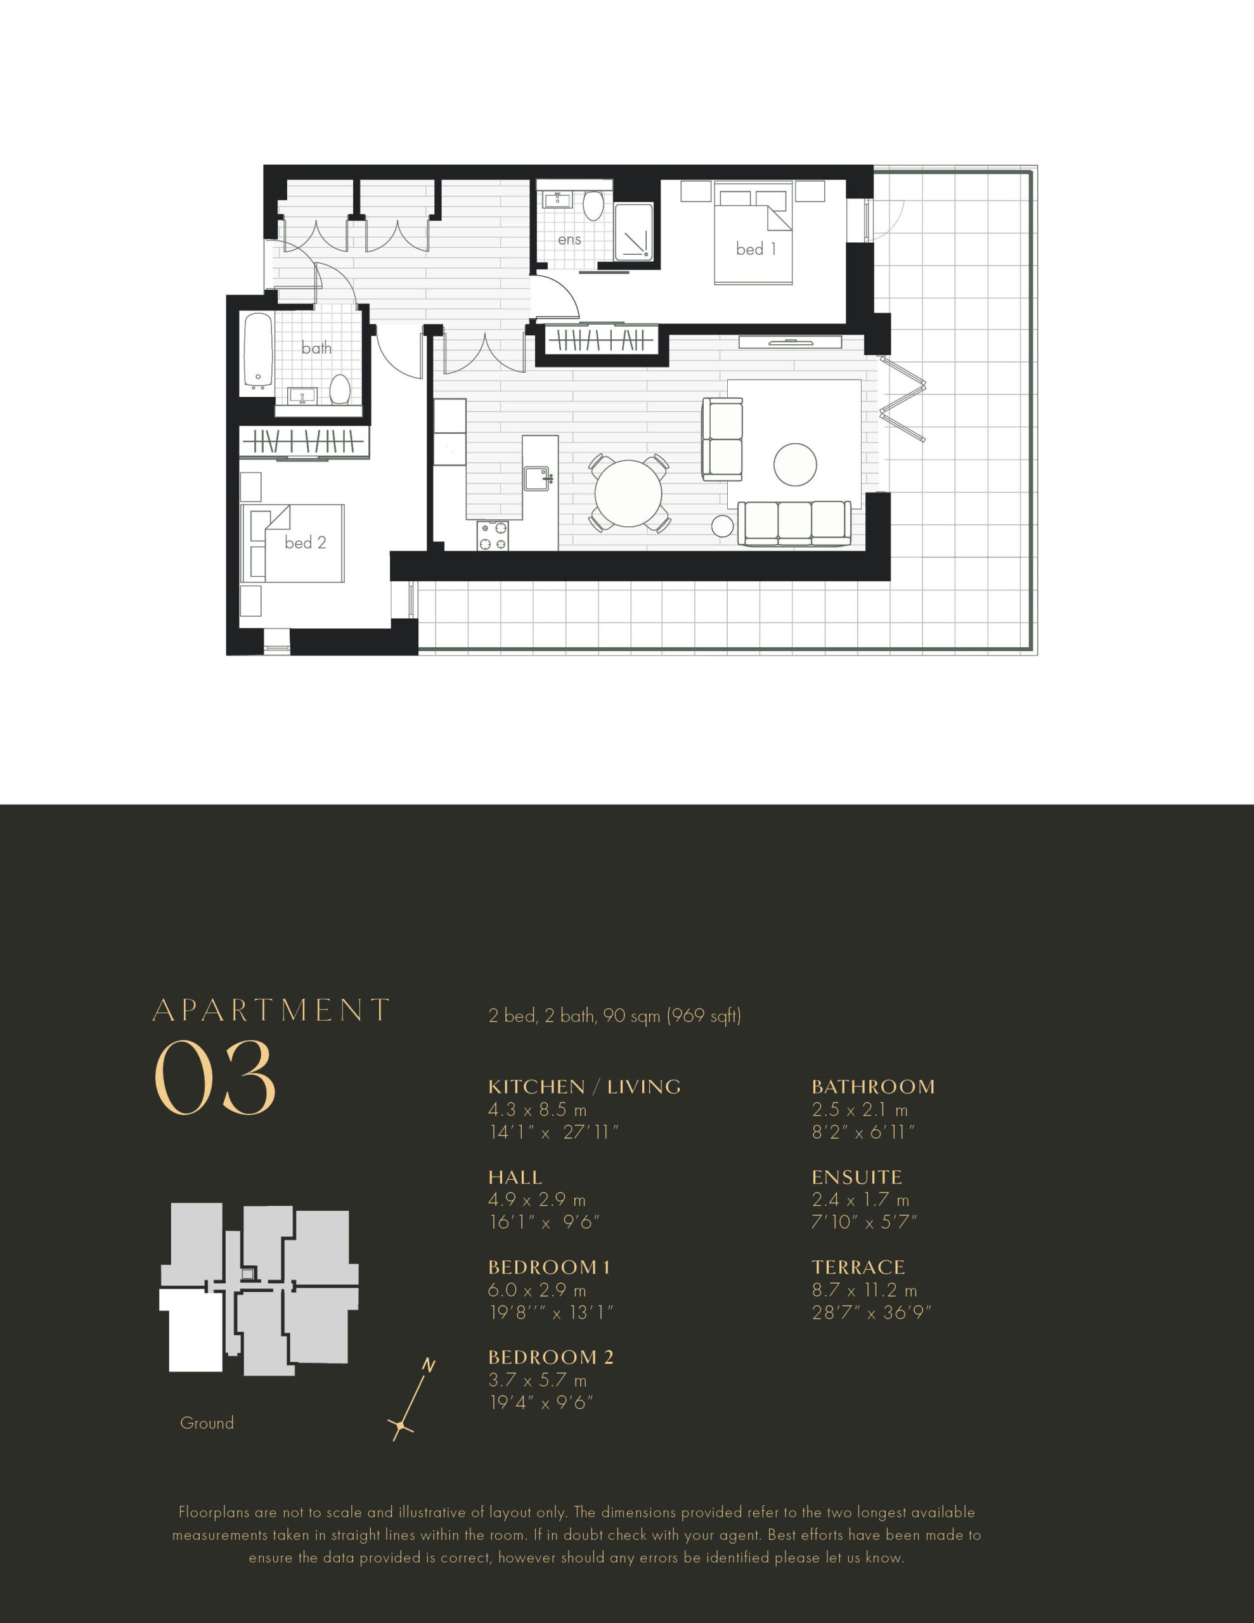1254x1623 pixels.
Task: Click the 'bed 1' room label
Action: click(x=756, y=249)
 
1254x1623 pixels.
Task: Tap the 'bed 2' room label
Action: click(x=306, y=543)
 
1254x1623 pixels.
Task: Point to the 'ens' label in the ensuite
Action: click(x=569, y=239)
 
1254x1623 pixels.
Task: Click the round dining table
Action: click(x=628, y=493)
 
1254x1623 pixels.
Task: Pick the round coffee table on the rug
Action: click(x=794, y=465)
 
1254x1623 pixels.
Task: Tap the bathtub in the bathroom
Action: click(x=258, y=351)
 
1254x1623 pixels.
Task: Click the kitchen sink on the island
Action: click(x=537, y=479)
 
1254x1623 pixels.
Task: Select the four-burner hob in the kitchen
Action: click(x=493, y=536)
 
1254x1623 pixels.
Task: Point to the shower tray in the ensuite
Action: click(x=634, y=231)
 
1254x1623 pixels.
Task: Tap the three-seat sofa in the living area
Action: click(x=794, y=523)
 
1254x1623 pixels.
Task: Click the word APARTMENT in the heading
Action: click(x=271, y=1010)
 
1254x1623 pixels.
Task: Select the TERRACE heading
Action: click(x=858, y=1267)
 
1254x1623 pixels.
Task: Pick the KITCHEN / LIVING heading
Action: click(x=585, y=1087)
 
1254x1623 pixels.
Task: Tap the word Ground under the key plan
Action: click(x=207, y=1423)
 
